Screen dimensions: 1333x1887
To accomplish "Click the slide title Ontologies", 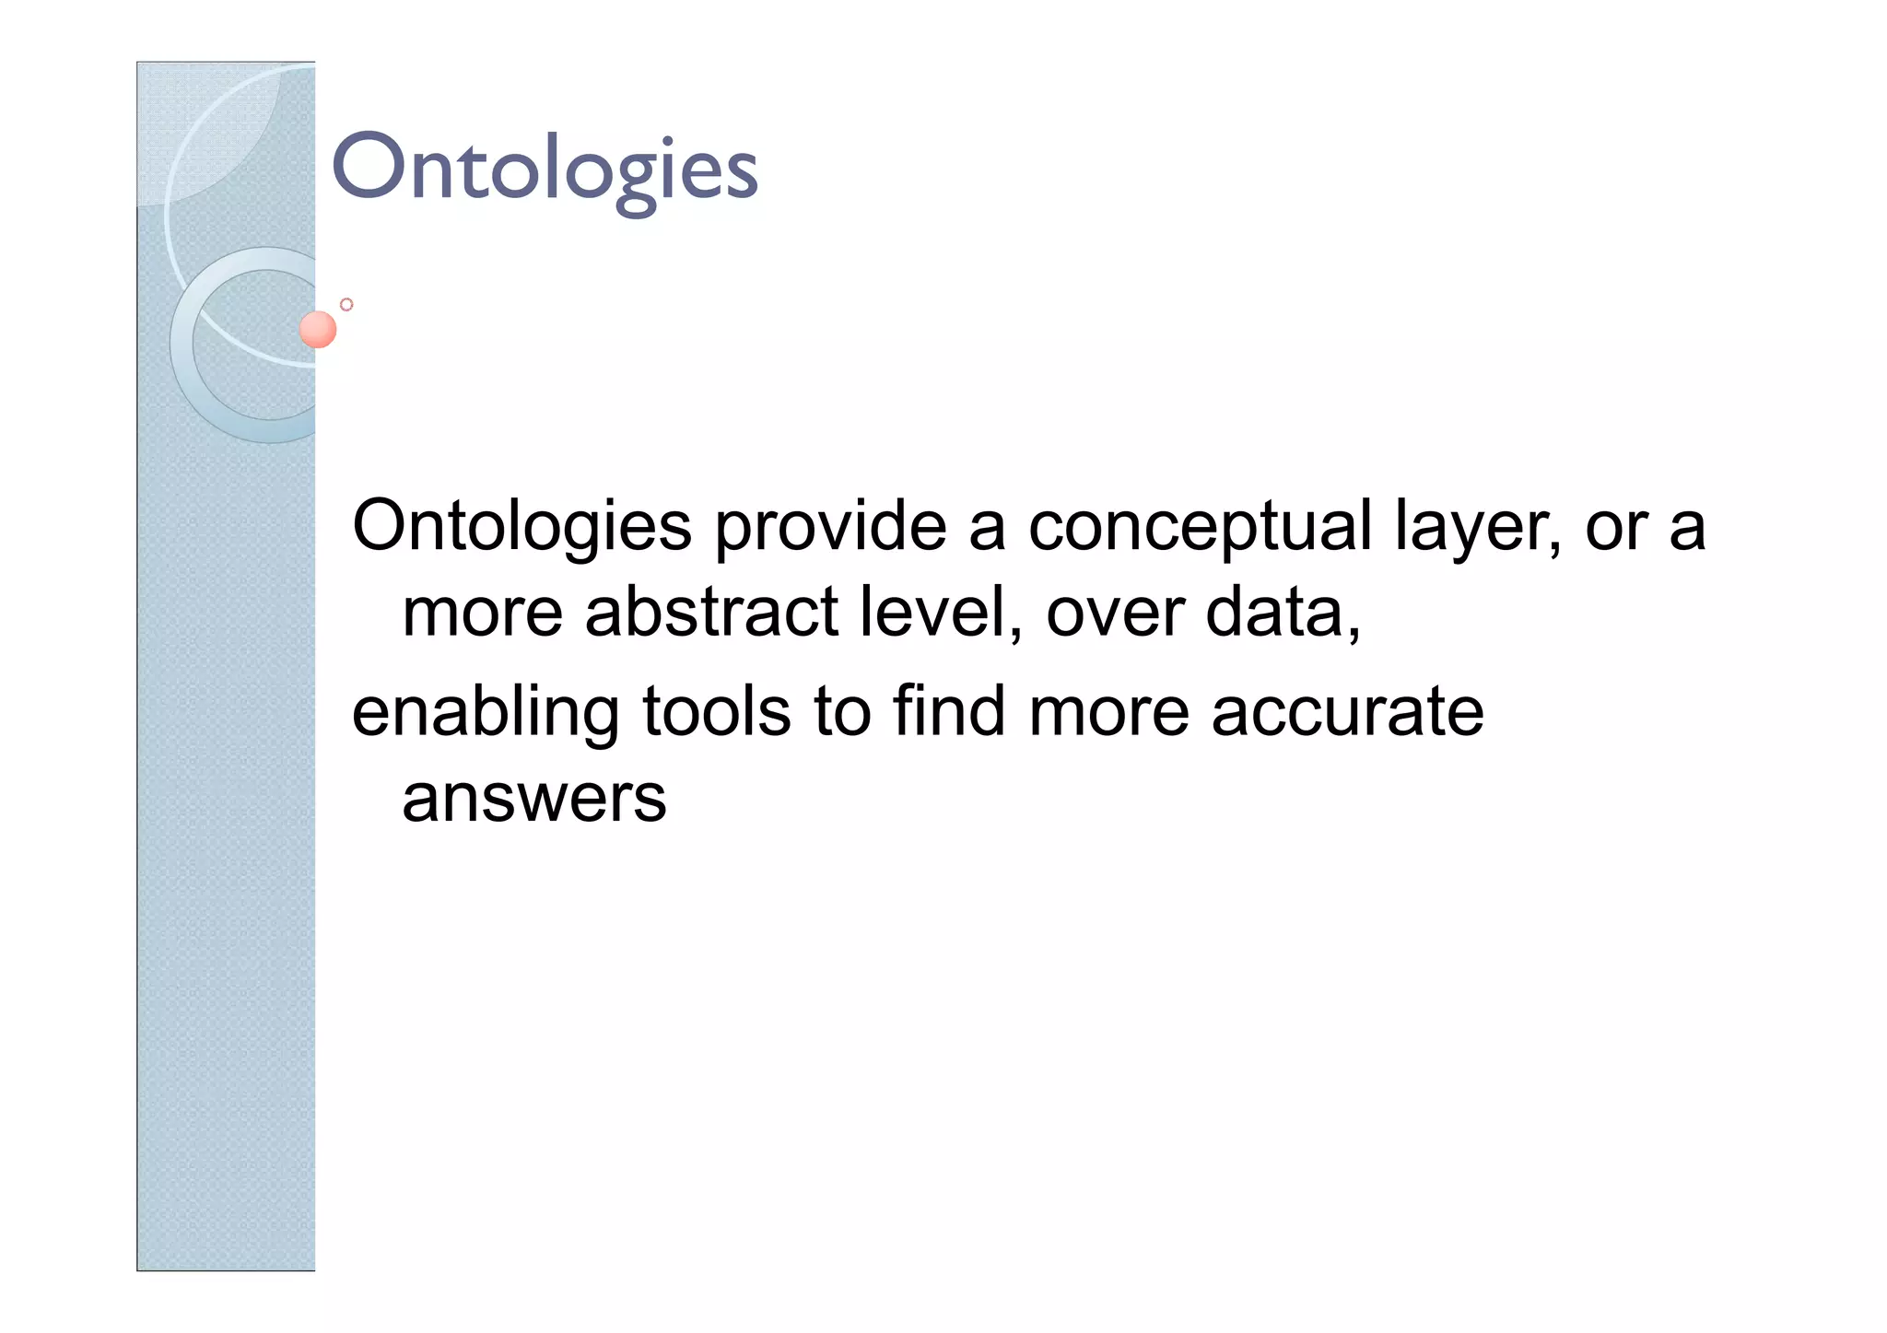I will point(544,170).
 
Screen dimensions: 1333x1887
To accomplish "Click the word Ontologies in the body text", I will point(522,527).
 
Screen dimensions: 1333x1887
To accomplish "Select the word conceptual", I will point(1200,527).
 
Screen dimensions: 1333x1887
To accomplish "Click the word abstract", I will point(711,613).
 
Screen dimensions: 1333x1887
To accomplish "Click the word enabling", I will point(486,714).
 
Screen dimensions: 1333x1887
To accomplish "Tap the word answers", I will point(533,799).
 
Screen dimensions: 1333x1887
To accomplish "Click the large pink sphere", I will point(318,330).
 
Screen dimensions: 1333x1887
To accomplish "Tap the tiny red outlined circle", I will point(346,304).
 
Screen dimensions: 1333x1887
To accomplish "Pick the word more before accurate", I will point(1108,714).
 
